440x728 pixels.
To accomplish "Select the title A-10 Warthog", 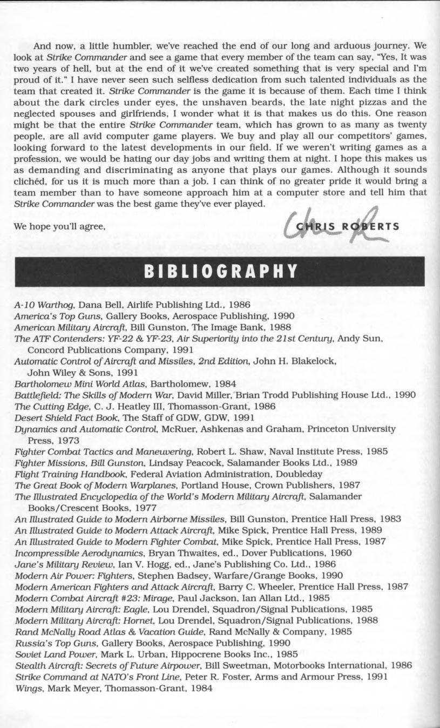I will [44, 305].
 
